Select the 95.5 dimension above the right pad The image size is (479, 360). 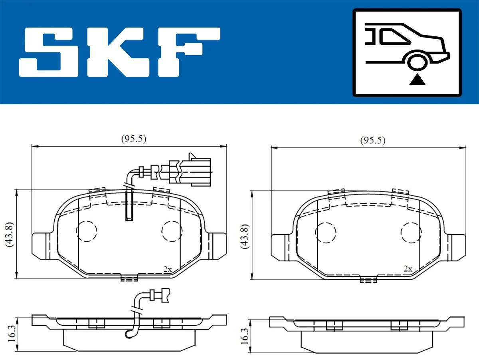pyautogui.click(x=372, y=140)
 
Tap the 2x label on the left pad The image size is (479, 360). pyautogui.click(x=168, y=269)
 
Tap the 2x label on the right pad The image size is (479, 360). pyautogui.click(x=408, y=269)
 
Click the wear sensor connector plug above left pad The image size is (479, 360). pyautogui.click(x=196, y=171)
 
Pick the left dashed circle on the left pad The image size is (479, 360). pyautogui.click(x=86, y=231)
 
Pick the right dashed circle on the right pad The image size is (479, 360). pyautogui.click(x=411, y=232)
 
